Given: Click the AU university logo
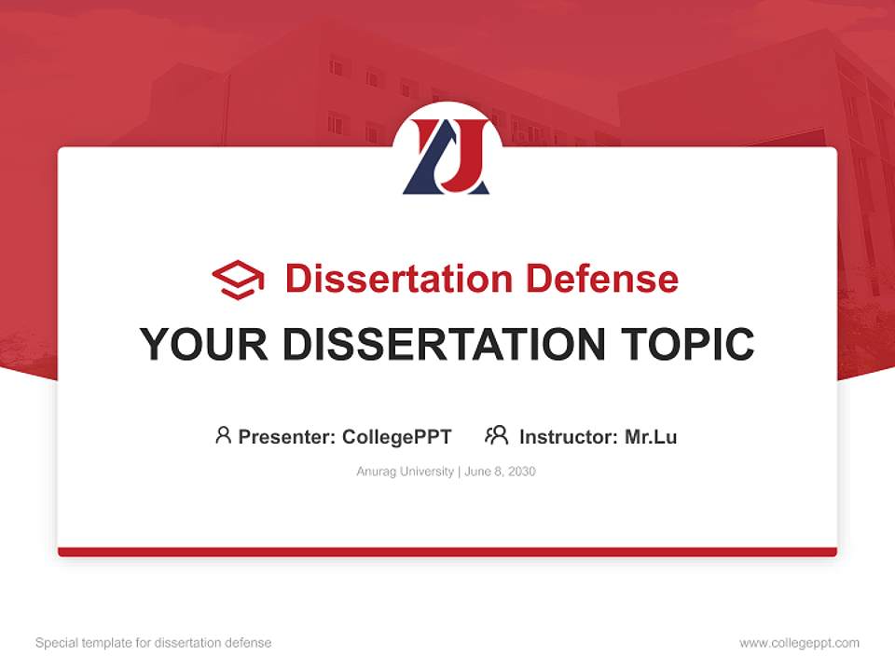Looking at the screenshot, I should pos(447,154).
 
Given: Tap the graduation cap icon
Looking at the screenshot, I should pos(238,279).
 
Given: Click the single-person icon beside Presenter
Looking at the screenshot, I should pos(223,435).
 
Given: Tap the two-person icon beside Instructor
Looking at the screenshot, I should pos(496,435).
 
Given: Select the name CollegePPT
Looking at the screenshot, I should pos(396,436).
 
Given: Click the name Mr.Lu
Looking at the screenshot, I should pos(651,436).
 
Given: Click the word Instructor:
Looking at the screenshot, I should pos(569,436).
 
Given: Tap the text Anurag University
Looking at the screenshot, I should pos(405,472).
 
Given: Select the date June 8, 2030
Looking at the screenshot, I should pos(500,472).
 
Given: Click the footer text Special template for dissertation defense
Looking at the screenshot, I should pos(153,643).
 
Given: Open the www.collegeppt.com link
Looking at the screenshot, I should pos(799,643).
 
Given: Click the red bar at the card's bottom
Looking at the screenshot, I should pos(447,552).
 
